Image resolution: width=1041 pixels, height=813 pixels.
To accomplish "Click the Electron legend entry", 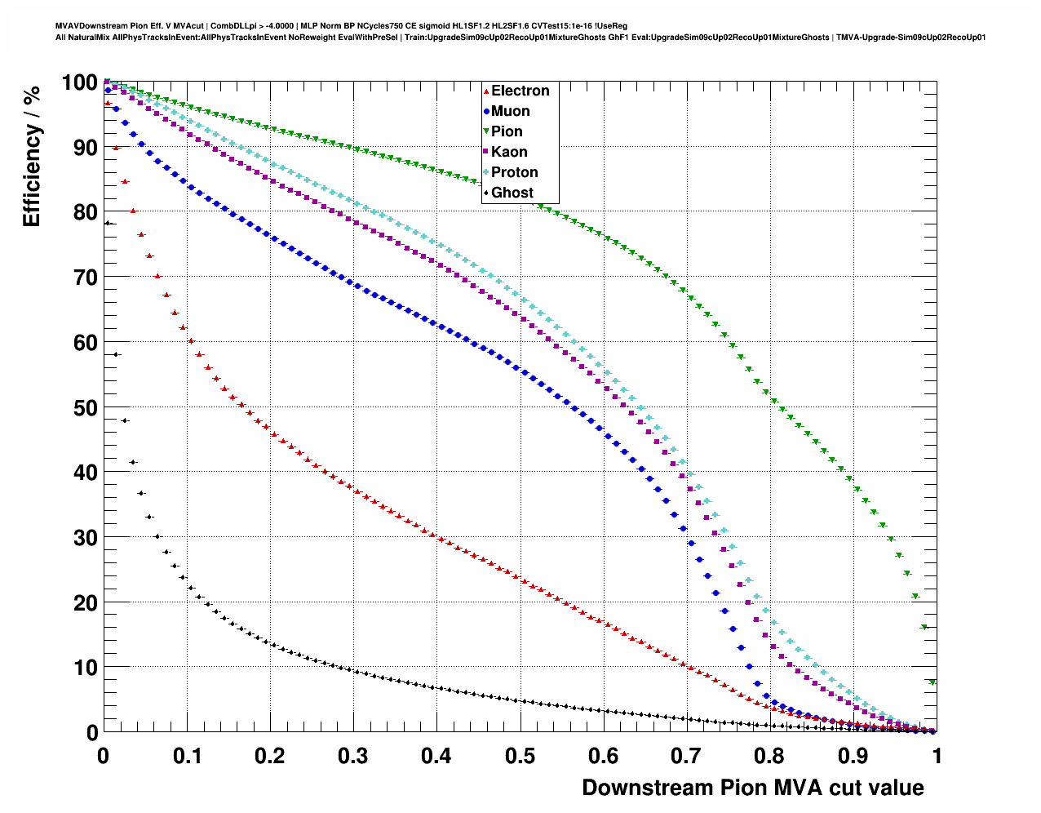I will [x=520, y=91].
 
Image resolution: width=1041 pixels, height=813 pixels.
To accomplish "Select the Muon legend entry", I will [x=510, y=111].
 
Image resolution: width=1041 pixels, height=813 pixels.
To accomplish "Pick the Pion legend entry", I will [x=507, y=131].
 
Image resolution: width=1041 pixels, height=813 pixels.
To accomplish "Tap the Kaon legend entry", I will [x=509, y=152].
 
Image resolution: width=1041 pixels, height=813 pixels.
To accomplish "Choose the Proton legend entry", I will [x=514, y=172].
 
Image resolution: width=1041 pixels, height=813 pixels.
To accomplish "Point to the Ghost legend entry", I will [x=512, y=193].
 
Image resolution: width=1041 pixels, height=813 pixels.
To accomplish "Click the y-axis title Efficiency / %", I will [x=31, y=155].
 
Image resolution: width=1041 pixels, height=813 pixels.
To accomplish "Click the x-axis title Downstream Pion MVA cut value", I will [x=752, y=788].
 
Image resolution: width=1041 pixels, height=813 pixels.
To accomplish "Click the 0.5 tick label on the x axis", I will [x=520, y=756].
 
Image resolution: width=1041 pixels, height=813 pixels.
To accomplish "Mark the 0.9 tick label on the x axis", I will [x=853, y=756].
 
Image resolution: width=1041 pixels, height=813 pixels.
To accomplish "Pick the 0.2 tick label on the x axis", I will [x=269, y=756].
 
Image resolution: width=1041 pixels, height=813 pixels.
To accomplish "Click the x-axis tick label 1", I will [x=937, y=756].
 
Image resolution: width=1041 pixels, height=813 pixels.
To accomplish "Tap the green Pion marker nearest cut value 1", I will [x=932, y=682].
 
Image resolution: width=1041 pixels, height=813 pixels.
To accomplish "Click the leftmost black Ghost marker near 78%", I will [x=107, y=223].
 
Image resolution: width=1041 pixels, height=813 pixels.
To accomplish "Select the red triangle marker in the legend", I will [x=487, y=91].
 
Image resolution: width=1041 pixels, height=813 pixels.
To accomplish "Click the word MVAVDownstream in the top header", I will [x=90, y=26].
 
